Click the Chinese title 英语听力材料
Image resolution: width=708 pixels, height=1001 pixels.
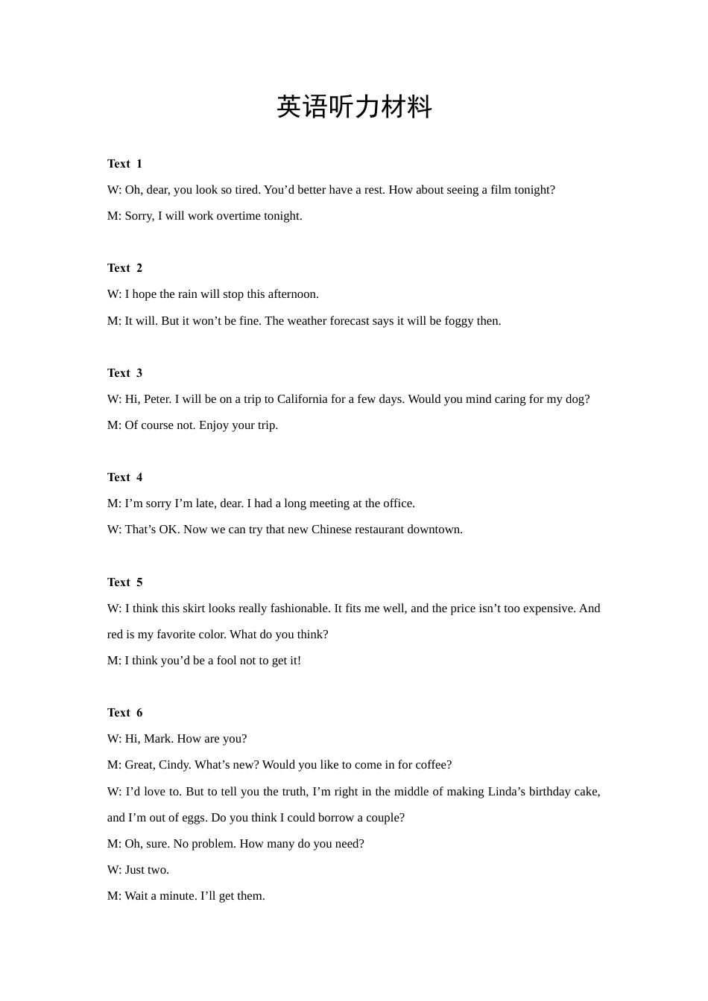[354, 107]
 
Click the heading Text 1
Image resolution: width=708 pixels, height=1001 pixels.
[124, 164]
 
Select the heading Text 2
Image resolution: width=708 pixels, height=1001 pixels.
[124, 268]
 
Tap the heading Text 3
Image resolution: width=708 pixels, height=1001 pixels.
[124, 373]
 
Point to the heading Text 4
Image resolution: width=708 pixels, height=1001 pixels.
[124, 477]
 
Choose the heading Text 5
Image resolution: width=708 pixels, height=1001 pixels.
[124, 582]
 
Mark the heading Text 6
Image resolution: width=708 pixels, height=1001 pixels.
[124, 713]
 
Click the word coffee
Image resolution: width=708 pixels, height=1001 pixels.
[432, 765]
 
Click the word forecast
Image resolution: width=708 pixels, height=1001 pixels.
[350, 321]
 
